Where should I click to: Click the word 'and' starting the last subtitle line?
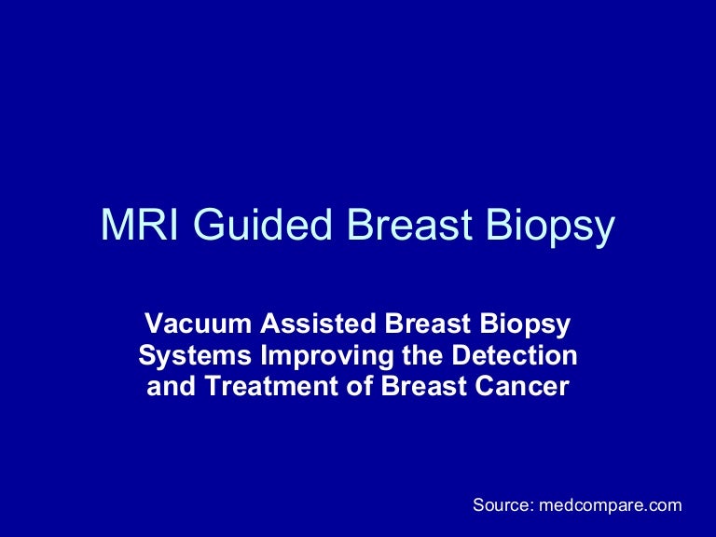(x=168, y=387)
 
